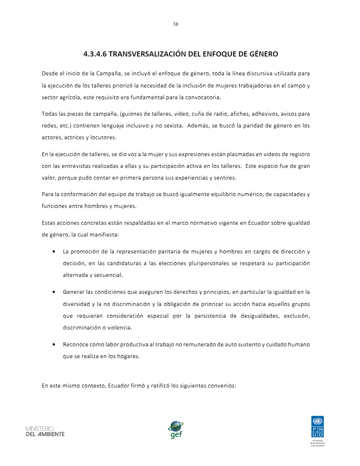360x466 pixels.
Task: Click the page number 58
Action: (176, 24)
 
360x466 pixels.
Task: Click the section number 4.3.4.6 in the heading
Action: (95, 54)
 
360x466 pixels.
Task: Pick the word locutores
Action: (104, 138)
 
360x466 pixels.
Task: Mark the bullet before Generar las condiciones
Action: (53, 292)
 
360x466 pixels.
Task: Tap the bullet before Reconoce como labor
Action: (53, 345)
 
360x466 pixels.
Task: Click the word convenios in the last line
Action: (223, 385)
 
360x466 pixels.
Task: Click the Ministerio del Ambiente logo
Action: (45, 431)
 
